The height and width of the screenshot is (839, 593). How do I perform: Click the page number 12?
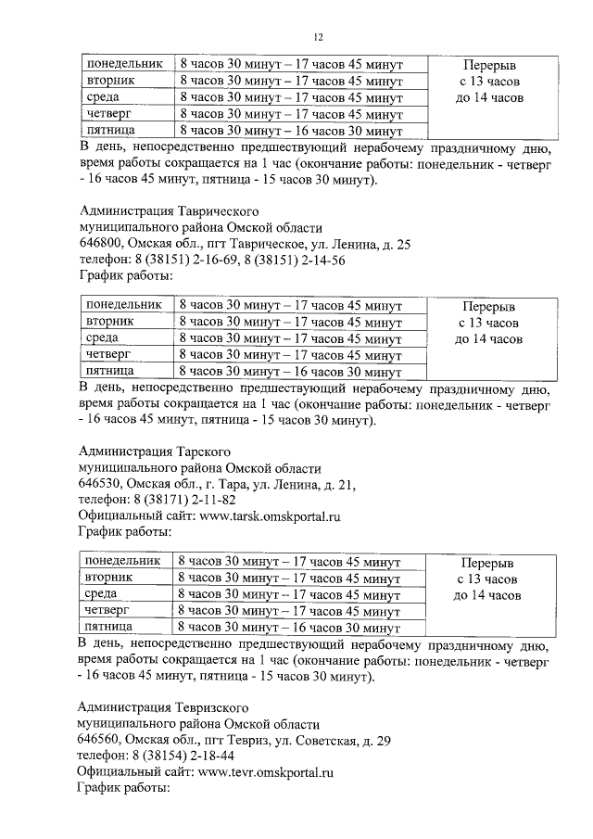318,37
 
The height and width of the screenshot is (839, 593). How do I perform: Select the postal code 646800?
101,244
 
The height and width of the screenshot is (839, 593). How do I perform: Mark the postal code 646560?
101,740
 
